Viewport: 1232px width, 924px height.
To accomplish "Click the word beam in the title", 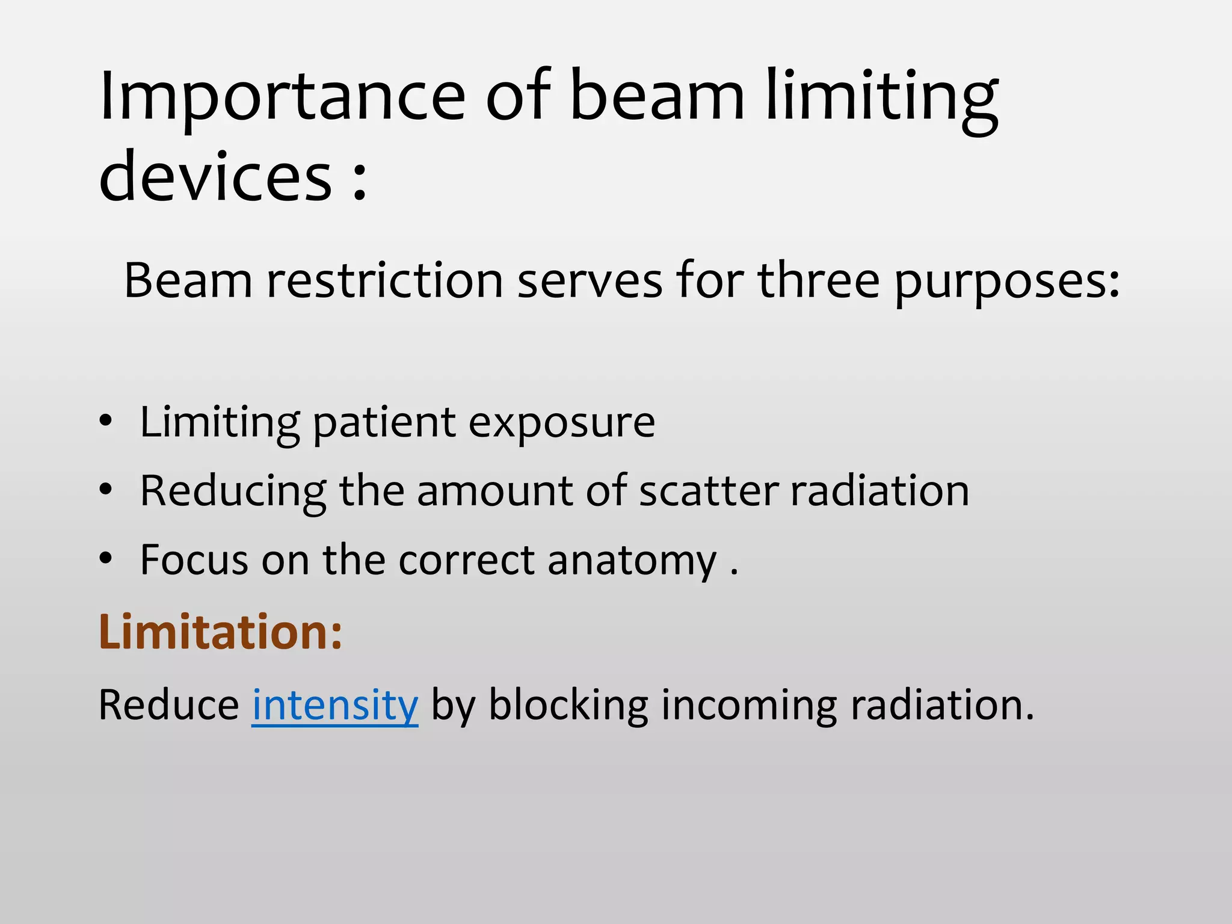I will point(656,96).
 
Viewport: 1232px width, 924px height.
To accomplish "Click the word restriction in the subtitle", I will point(385,281).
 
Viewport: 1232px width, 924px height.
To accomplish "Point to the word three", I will point(818,281).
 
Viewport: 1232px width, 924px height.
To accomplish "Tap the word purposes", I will point(1008,283).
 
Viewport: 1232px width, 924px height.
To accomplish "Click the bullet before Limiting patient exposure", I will point(106,421).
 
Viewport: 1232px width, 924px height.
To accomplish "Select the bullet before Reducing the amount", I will point(106,490).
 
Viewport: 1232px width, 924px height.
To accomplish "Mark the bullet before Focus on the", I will point(106,559).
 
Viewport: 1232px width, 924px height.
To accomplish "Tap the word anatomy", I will point(632,561).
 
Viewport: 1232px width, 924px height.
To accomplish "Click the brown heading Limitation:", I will point(220,632).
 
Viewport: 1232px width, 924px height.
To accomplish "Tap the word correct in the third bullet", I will point(466,560).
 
